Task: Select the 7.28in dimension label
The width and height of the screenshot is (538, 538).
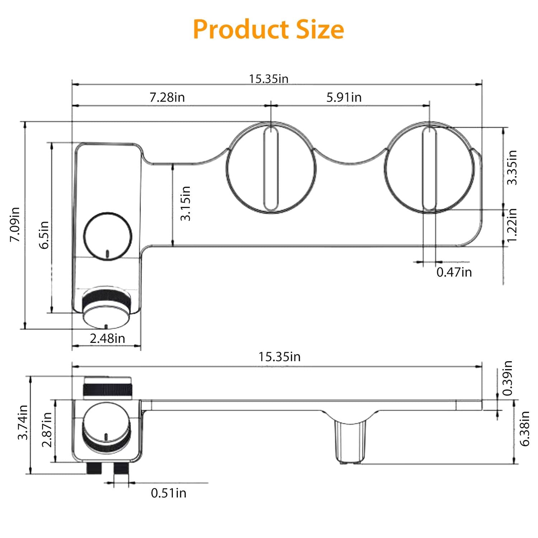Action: click(167, 97)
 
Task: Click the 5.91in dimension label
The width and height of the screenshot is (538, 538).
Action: click(344, 97)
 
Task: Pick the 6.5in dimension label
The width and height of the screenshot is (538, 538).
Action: click(44, 235)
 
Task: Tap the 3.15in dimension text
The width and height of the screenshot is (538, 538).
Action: click(185, 203)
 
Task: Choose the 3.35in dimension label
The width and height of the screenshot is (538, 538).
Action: click(512, 167)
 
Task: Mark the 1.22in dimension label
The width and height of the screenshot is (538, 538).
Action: click(512, 225)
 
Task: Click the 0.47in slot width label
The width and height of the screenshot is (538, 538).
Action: click(454, 272)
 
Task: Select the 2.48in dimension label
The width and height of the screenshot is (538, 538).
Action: click(107, 338)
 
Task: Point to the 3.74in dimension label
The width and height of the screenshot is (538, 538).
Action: click(23, 422)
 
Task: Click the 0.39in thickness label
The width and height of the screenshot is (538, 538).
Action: click(507, 378)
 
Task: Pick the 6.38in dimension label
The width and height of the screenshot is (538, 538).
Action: click(525, 429)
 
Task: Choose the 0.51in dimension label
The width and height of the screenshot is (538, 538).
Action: click(169, 493)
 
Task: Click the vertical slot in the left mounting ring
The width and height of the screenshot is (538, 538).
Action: click(271, 168)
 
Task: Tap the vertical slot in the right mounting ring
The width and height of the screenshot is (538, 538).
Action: click(429, 168)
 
